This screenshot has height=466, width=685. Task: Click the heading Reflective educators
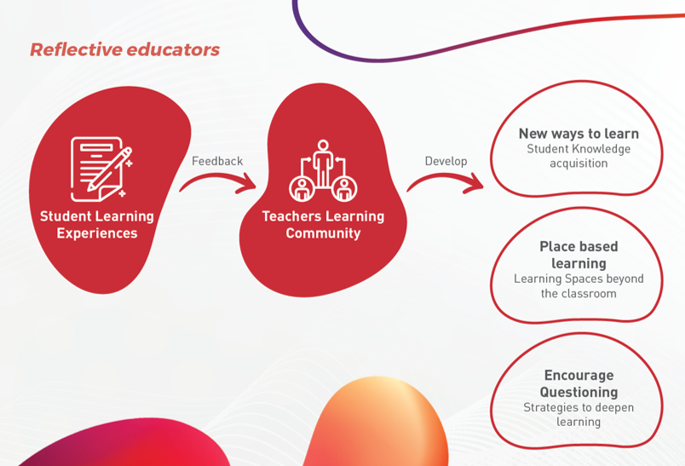[124, 49]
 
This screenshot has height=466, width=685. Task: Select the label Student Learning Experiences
[97, 225]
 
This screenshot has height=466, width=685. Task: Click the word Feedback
[217, 161]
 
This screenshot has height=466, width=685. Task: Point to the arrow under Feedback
[217, 177]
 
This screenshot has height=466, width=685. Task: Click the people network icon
[323, 170]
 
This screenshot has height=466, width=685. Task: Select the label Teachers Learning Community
[323, 225]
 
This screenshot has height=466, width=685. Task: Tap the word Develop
[446, 161]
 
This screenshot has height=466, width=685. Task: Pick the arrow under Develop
[445, 177]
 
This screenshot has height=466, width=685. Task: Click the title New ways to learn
[579, 133]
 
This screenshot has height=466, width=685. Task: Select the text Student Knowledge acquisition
[579, 156]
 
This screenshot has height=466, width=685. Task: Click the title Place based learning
[579, 255]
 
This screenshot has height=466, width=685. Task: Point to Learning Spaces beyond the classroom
[579, 286]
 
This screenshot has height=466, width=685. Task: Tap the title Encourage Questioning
[579, 383]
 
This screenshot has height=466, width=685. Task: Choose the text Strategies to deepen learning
[579, 415]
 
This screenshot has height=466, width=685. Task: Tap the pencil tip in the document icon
[89, 189]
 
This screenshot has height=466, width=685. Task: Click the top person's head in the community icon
[323, 145]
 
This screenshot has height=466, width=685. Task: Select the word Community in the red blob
[323, 233]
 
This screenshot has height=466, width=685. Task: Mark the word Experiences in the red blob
[97, 233]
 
